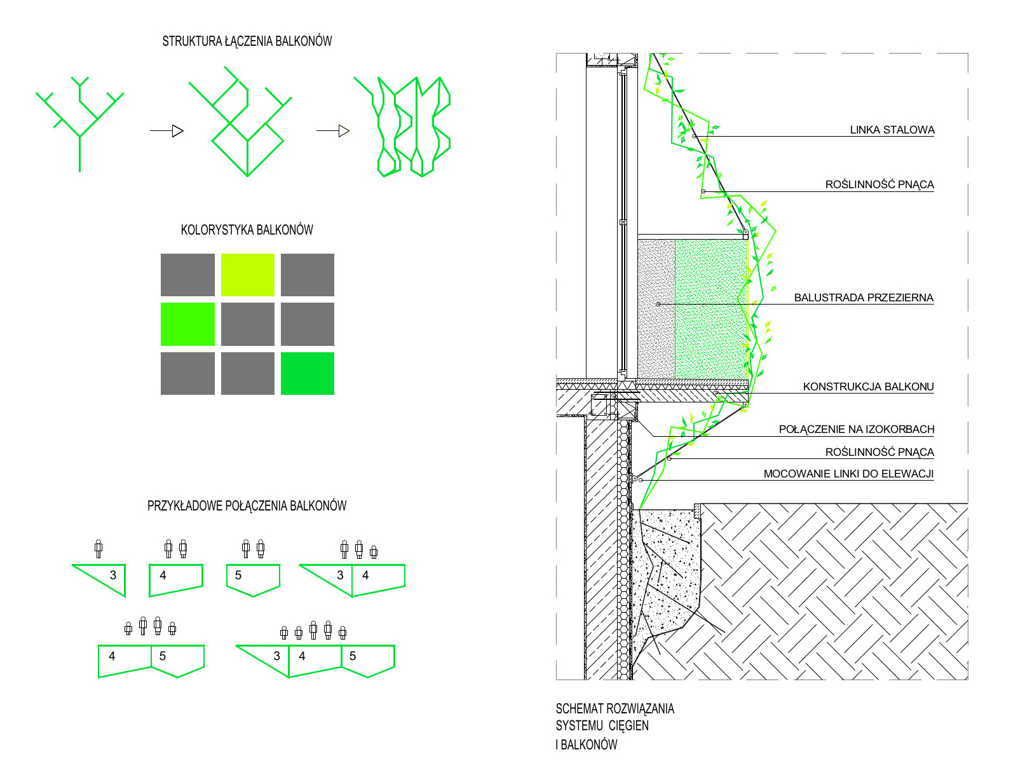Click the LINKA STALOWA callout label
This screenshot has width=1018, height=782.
point(892,130)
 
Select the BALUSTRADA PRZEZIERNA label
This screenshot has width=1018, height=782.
point(863,298)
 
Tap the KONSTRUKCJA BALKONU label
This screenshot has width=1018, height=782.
point(868,387)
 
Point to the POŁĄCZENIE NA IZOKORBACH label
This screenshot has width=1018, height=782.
point(856,429)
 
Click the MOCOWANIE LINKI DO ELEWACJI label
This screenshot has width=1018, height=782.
point(848,474)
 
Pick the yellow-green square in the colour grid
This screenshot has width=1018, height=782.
point(247,275)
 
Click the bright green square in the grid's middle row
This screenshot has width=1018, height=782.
point(187,324)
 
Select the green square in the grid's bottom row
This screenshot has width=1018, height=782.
point(308,373)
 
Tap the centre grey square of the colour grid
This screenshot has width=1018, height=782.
point(247,324)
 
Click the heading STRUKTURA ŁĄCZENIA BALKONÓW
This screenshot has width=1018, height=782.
point(247,41)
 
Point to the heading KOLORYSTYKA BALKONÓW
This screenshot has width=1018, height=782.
point(247,230)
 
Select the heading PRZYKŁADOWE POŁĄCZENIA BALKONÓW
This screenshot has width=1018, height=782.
point(247,506)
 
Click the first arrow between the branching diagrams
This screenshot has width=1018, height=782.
point(167,131)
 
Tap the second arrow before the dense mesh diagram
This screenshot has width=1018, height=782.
point(334,131)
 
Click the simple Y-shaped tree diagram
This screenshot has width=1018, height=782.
point(79,124)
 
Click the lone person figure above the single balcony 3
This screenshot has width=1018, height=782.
point(98,549)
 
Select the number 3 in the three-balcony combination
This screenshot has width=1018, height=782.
point(276,656)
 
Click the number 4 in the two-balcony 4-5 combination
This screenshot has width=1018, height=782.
point(112,656)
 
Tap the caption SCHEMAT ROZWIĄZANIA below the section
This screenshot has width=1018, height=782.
point(614,709)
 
